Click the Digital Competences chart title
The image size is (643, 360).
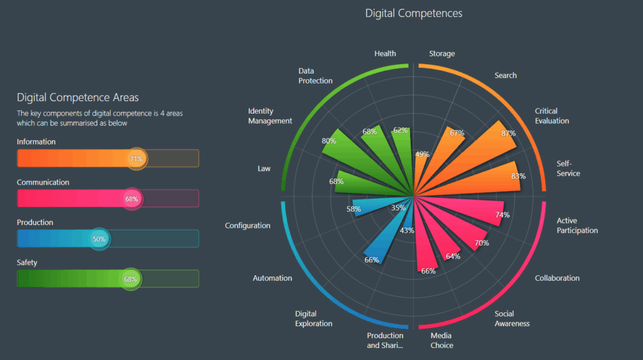(x=413, y=13)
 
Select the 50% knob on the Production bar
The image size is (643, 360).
(x=99, y=239)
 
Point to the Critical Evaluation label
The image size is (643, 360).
(x=552, y=116)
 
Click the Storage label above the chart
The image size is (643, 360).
(x=441, y=53)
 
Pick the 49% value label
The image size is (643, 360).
(x=423, y=155)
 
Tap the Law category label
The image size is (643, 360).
(x=264, y=168)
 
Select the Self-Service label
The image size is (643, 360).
(x=568, y=168)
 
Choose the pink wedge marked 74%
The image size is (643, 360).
(x=471, y=210)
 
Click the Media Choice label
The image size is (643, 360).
(x=441, y=341)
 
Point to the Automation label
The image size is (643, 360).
(x=272, y=278)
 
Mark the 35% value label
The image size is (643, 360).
(x=398, y=208)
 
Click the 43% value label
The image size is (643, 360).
(x=407, y=231)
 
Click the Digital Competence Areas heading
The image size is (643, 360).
(x=78, y=97)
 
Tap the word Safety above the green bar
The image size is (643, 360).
(x=27, y=263)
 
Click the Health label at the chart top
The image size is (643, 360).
(x=385, y=53)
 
